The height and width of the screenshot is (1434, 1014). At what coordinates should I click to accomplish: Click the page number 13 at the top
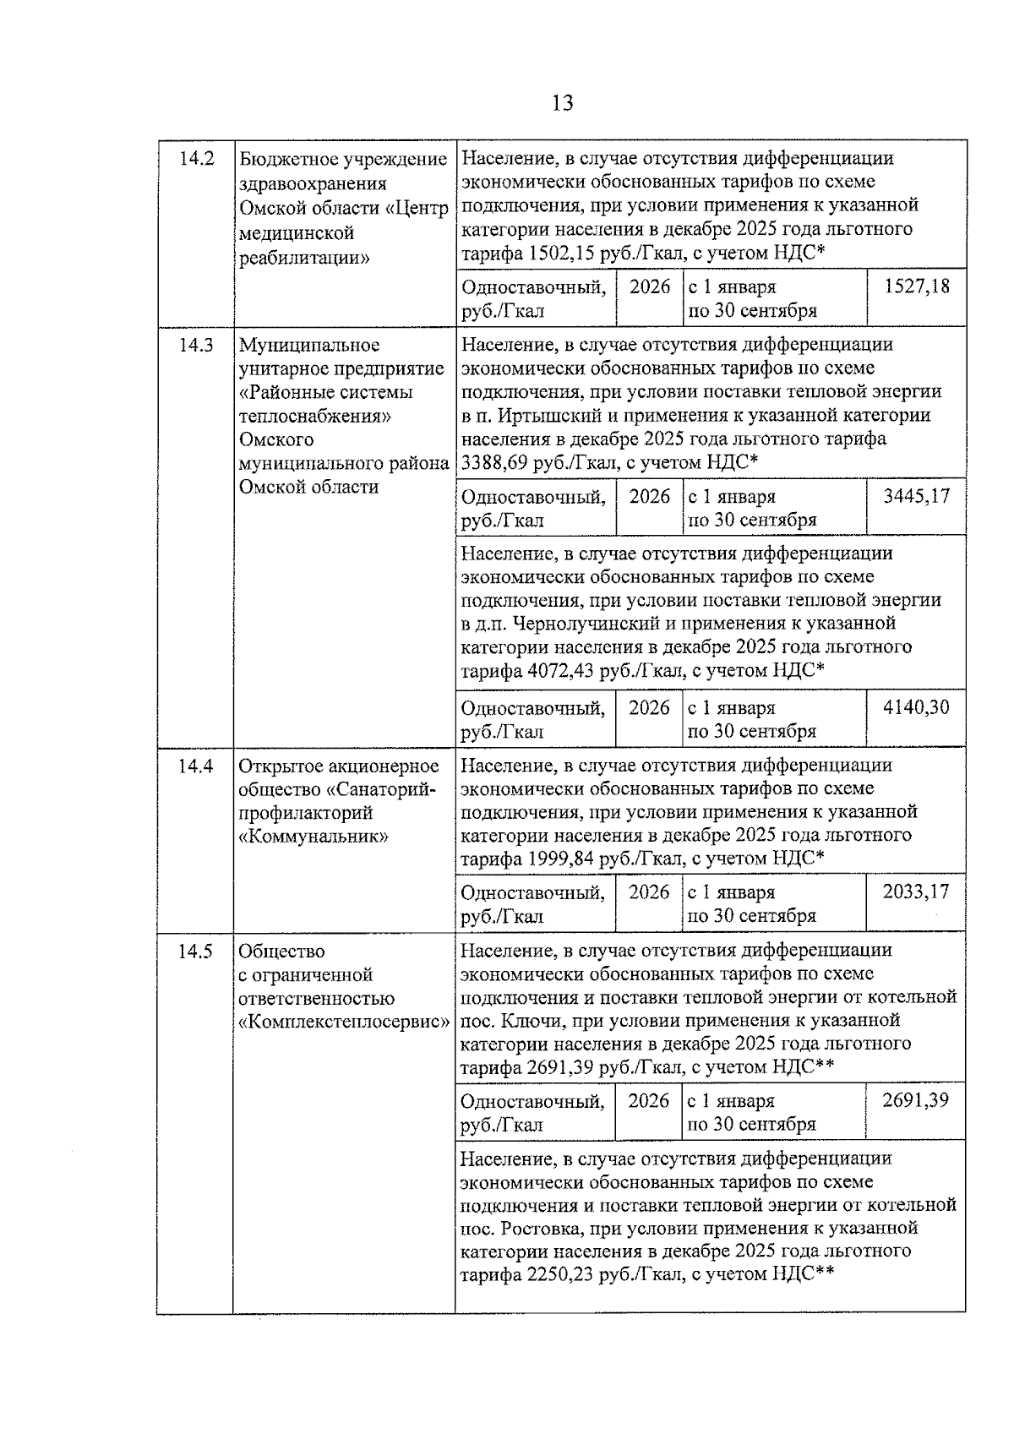click(x=562, y=103)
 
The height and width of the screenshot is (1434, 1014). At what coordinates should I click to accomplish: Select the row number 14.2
click(x=195, y=159)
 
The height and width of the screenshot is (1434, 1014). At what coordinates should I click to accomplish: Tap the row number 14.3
click(x=195, y=345)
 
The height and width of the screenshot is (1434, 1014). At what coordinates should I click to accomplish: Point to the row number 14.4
click(x=195, y=766)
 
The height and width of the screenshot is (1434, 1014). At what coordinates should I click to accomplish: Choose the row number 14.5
click(x=195, y=951)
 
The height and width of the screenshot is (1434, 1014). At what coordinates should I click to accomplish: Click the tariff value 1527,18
click(x=916, y=286)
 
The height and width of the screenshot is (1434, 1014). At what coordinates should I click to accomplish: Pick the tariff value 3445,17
click(x=916, y=496)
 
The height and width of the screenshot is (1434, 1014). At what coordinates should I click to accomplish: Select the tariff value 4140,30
click(x=916, y=707)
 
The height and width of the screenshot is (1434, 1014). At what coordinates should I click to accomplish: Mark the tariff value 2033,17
click(x=916, y=891)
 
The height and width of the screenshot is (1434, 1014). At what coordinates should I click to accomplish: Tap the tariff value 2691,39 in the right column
click(x=916, y=1100)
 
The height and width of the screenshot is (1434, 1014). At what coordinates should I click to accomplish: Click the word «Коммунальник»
click(x=313, y=837)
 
